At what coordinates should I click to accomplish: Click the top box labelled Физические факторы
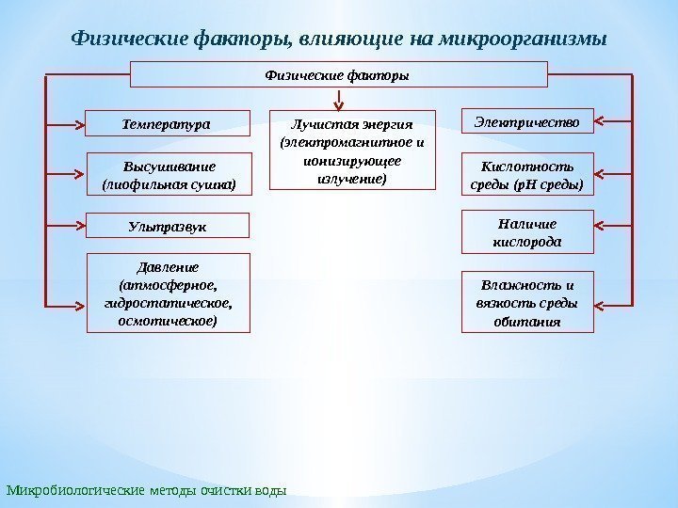pyautogui.click(x=338, y=74)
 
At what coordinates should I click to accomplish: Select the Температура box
pyautogui.click(x=169, y=122)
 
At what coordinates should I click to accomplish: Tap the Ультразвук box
pyautogui.click(x=169, y=226)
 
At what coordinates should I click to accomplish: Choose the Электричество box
pyautogui.click(x=527, y=121)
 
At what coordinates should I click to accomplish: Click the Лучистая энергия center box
pyautogui.click(x=353, y=151)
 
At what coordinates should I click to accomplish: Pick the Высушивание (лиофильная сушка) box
pyautogui.click(x=169, y=174)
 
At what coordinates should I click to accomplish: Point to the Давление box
pyautogui.click(x=169, y=293)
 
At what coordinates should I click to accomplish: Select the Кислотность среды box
pyautogui.click(x=527, y=174)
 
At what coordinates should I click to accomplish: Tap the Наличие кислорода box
pyautogui.click(x=527, y=233)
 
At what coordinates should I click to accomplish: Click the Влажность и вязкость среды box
pyautogui.click(x=527, y=302)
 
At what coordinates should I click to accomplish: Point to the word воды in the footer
pyautogui.click(x=269, y=490)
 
